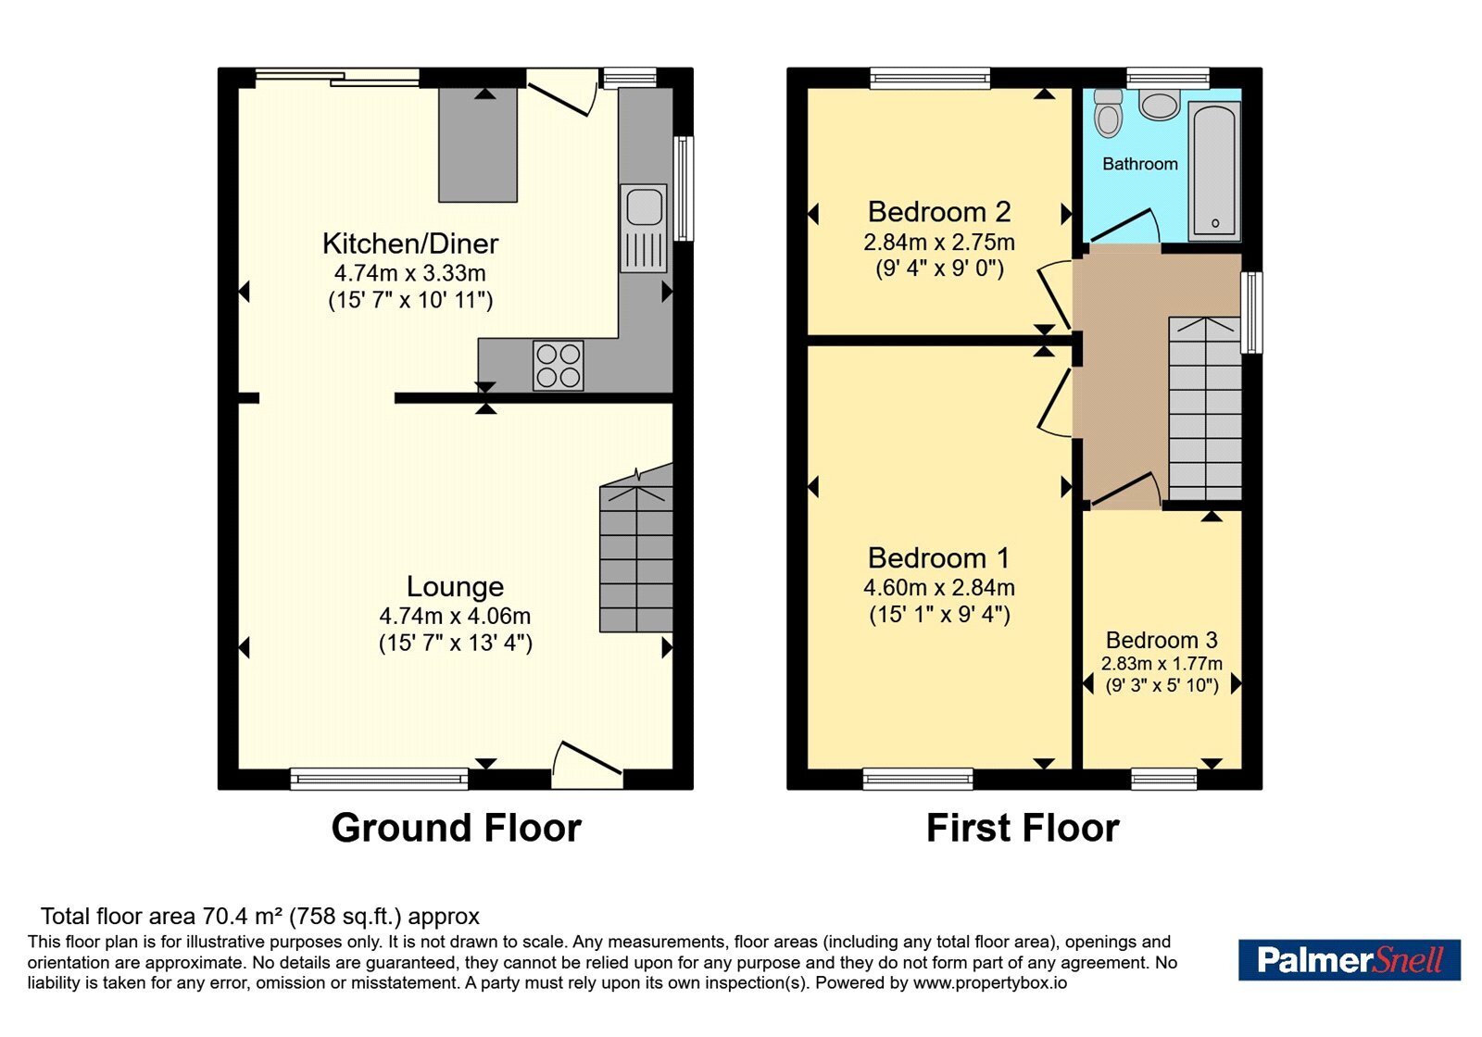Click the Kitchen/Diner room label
[410, 244]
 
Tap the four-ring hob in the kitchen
[558, 365]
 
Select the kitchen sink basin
[643, 206]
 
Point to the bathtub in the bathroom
[1214, 170]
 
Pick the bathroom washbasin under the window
[1160, 106]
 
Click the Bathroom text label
[1140, 164]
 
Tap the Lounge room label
[455, 587]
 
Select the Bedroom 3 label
[1162, 640]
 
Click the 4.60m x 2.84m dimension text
[939, 587]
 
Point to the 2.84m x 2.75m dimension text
[939, 242]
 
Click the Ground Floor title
[457, 828]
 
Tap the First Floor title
[1023, 828]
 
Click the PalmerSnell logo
[1350, 959]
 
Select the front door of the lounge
[587, 765]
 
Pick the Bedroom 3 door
[1124, 491]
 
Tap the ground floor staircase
[636, 549]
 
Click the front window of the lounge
[379, 779]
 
